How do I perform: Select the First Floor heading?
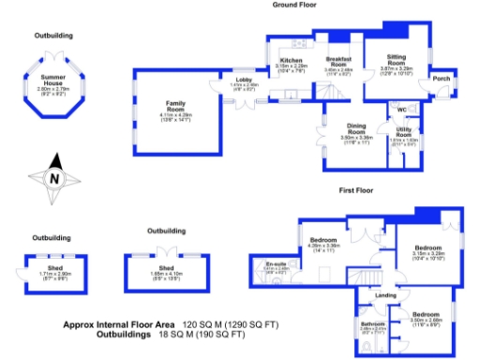coord(356,189)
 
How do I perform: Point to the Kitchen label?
coord(291,61)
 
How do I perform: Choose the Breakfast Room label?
coord(338,61)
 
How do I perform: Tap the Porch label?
coord(442,79)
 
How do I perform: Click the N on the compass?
coord(54,179)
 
